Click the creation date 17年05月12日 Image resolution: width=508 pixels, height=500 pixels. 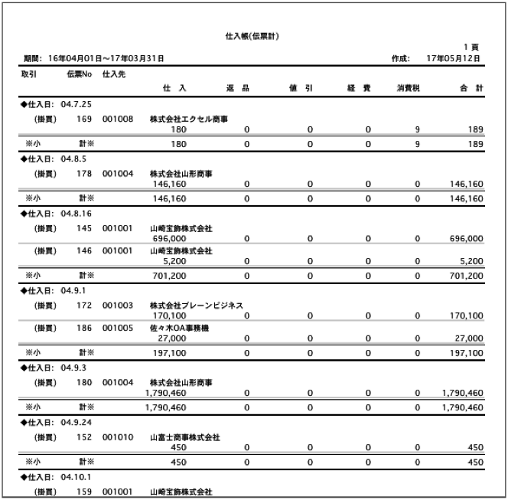454,58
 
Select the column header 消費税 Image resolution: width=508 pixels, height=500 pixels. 409,89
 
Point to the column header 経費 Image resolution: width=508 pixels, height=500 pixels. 358,89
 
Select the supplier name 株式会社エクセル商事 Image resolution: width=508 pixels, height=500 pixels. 189,119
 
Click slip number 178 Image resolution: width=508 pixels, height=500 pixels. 85,174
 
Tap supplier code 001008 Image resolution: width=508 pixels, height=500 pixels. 118,119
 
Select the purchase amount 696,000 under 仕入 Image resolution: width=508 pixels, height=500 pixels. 170,239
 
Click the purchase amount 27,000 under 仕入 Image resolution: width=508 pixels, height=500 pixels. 172,338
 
